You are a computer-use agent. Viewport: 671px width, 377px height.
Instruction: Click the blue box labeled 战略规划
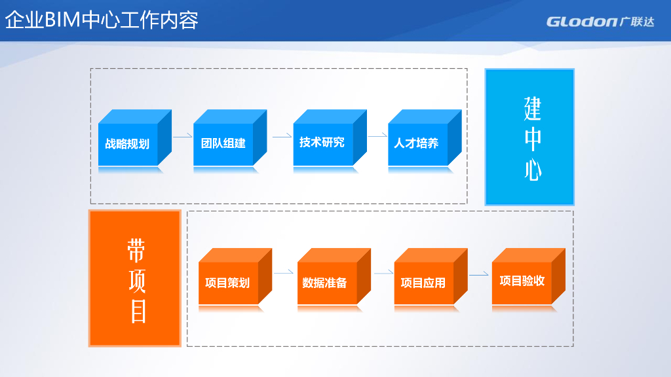(128, 143)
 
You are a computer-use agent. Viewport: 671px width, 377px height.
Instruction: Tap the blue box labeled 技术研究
(322, 142)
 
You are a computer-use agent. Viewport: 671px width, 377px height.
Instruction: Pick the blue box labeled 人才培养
(417, 143)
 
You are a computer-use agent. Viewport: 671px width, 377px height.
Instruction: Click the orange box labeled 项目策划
(227, 282)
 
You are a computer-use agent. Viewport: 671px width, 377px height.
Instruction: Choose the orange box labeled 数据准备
(326, 283)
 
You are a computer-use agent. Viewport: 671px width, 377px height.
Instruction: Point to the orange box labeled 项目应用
(423, 282)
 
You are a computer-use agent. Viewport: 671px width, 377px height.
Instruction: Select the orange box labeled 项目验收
(522, 281)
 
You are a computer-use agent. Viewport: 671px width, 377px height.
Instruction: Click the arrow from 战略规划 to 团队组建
(182, 136)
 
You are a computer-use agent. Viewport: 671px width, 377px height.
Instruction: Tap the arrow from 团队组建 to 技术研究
(282, 136)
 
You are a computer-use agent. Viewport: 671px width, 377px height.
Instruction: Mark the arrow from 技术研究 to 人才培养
(377, 136)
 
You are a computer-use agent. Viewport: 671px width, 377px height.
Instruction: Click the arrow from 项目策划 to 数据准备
(283, 272)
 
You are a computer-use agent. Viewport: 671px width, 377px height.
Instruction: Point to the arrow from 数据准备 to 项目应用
(383, 272)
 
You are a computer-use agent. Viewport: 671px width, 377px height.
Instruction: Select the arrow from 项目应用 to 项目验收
(479, 274)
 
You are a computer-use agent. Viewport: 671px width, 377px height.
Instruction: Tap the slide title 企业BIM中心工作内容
(102, 20)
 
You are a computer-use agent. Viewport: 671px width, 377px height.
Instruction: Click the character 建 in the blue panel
(532, 108)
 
